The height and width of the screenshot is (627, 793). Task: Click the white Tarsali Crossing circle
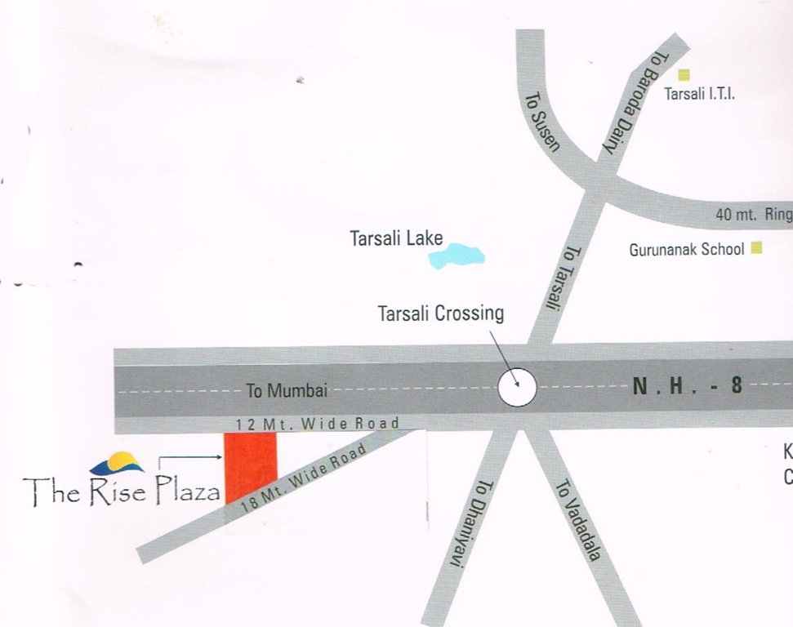pos(517,387)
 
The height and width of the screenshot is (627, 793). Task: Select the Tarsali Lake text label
pos(396,239)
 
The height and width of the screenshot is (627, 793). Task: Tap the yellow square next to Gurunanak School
pos(756,248)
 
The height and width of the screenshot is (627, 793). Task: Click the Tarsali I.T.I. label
pos(699,95)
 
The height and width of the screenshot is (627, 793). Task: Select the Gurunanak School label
pos(687,250)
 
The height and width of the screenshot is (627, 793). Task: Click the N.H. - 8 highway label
pos(688,386)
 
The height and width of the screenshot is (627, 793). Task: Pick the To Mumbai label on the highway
pos(287,391)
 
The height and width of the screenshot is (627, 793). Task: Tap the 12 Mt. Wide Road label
pos(317,424)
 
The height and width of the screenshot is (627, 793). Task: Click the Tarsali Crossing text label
pos(441,313)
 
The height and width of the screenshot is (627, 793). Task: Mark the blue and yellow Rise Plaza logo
pos(117,464)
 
